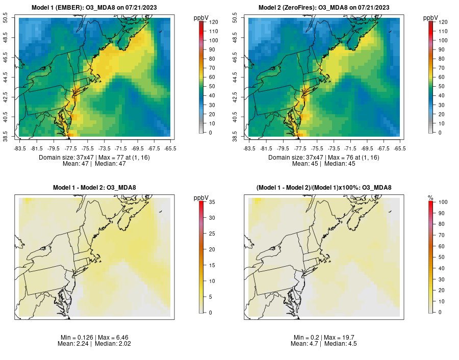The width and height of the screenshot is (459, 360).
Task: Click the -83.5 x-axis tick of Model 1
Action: [x=20, y=148]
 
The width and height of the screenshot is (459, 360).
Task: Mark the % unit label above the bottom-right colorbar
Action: [x=430, y=197]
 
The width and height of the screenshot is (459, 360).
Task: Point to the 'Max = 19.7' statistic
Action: [x=340, y=338]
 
